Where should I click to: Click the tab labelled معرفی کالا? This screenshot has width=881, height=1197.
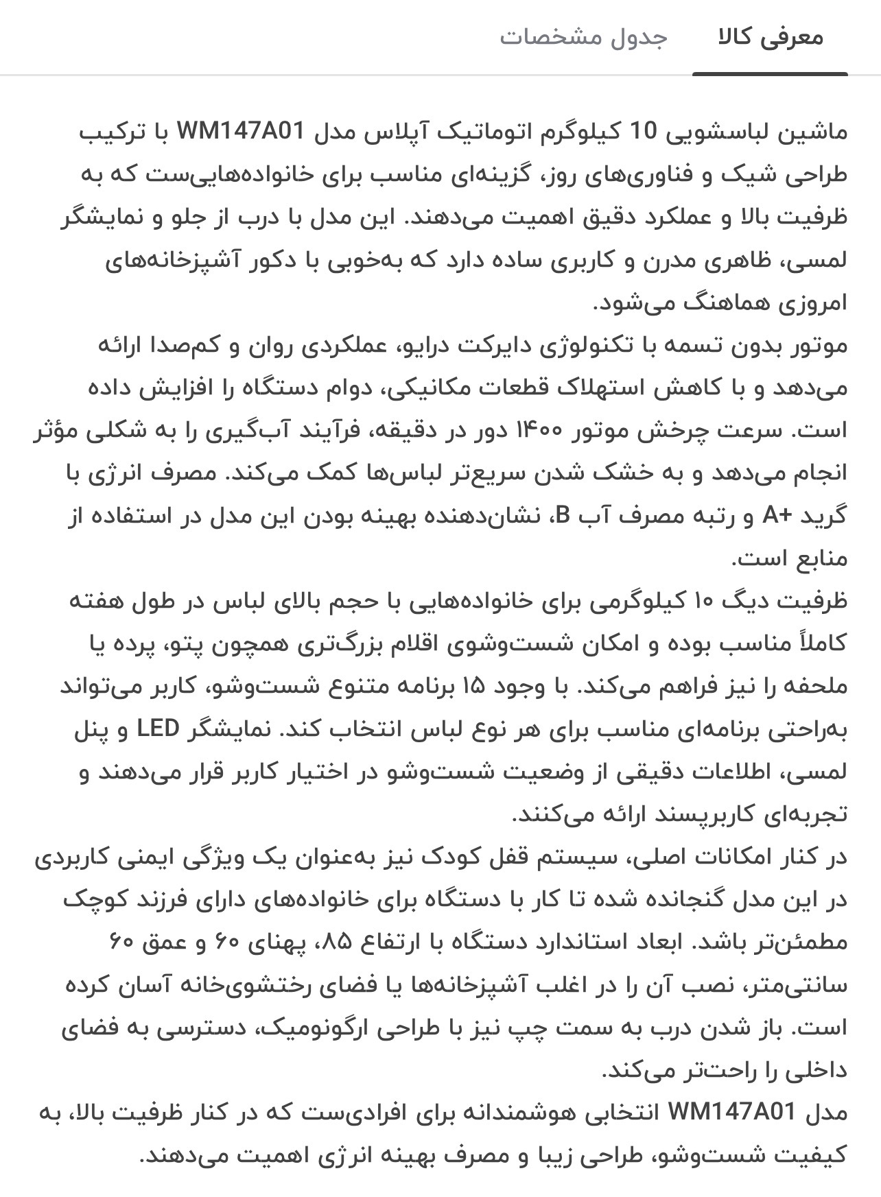(770, 38)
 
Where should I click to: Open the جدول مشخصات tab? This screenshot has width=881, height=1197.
(583, 38)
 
